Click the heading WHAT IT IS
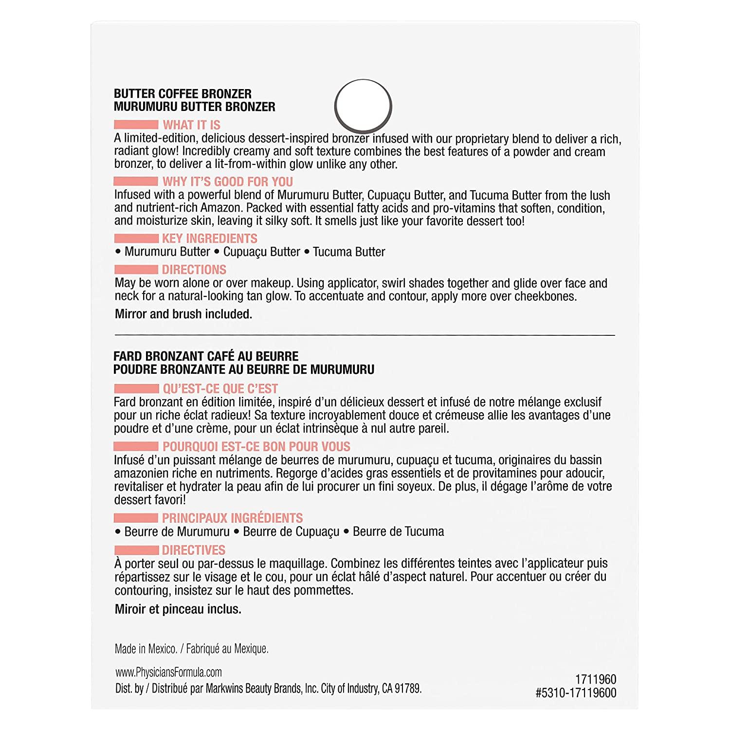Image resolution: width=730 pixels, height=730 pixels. tap(191, 125)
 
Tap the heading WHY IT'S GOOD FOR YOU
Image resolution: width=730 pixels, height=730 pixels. tap(227, 182)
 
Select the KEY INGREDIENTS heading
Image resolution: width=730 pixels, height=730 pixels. tap(209, 238)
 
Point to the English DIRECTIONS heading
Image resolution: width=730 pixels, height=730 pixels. tap(194, 270)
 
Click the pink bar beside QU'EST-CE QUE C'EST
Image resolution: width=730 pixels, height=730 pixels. tap(136, 389)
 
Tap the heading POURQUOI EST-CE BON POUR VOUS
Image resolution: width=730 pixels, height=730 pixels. tap(256, 446)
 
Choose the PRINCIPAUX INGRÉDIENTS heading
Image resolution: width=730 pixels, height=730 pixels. tap(232, 518)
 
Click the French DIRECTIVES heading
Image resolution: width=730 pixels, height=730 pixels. tap(193, 550)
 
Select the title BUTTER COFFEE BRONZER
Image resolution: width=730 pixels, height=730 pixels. tap(182, 94)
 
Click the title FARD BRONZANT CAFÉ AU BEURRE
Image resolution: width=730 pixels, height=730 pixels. tap(206, 356)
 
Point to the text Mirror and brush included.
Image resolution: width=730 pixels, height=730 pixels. tap(183, 314)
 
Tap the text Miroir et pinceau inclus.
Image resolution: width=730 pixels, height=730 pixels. tap(178, 609)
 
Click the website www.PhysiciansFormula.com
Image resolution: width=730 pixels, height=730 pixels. tap(168, 673)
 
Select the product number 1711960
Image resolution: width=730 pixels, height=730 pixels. tap(595, 679)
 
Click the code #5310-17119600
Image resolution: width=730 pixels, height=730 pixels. tap(576, 693)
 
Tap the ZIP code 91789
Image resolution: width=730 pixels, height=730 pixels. tap(408, 689)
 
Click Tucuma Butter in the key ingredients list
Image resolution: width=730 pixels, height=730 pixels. tap(348, 252)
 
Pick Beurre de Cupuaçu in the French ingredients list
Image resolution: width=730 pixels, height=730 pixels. tap(291, 531)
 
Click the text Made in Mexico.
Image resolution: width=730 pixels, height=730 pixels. tap(146, 649)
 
